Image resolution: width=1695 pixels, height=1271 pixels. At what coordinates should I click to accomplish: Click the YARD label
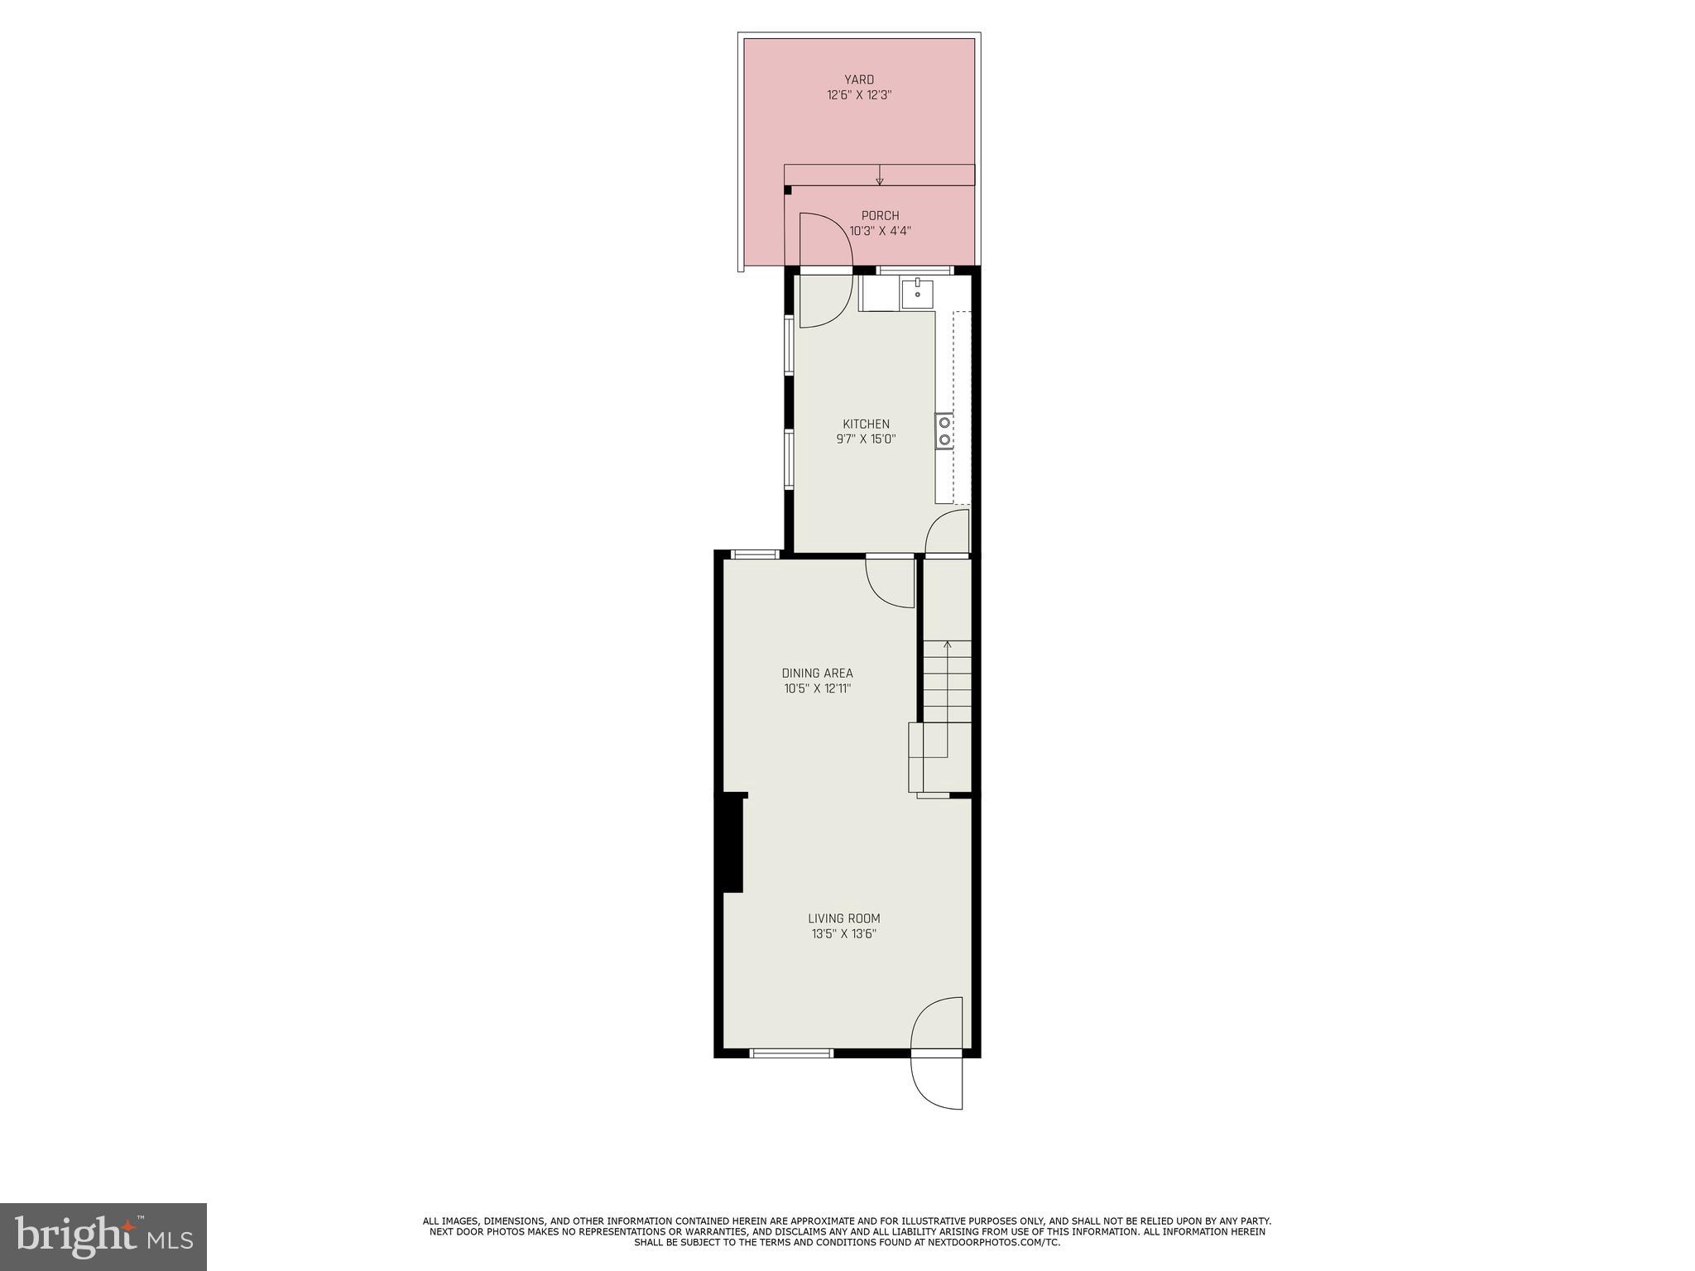859,79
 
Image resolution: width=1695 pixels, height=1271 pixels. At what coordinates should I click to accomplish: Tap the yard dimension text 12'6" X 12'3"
859,95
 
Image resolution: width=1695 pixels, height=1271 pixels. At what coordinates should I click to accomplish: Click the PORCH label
880,216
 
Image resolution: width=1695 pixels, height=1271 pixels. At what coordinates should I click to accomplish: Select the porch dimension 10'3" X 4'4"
880,232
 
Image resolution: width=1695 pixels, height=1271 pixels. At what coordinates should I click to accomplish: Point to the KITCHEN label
866,424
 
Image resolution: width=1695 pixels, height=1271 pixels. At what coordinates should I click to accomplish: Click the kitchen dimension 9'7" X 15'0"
866,440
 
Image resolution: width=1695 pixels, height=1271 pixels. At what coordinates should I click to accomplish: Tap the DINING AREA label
817,674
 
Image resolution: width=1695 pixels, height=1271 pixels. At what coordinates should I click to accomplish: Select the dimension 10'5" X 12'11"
817,688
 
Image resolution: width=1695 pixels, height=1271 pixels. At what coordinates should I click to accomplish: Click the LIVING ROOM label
843,918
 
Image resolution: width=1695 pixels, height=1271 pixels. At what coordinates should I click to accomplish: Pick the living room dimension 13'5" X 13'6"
843,934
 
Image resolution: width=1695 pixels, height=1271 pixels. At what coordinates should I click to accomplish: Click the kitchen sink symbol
917,294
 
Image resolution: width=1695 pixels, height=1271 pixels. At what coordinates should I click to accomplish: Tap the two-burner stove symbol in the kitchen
944,431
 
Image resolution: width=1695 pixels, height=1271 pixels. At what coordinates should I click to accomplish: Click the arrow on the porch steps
879,175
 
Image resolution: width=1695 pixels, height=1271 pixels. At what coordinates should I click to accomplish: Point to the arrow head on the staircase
947,644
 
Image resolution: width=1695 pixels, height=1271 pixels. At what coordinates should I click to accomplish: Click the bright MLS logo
103,1236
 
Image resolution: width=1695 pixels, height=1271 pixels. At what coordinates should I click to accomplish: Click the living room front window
790,1053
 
